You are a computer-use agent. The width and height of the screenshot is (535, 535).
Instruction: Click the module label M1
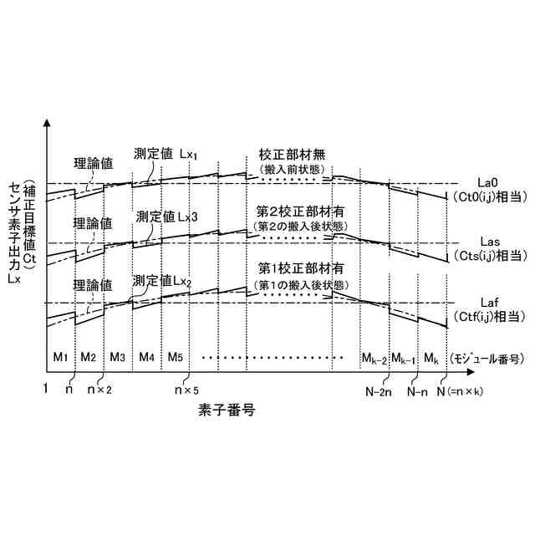coord(60,357)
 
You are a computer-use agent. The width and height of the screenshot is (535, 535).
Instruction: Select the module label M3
coord(117,357)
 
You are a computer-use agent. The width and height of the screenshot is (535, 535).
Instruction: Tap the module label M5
coord(175,357)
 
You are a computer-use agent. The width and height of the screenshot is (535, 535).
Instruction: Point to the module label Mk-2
coord(374,359)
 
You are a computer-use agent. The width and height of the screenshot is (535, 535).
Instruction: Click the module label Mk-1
coord(402,359)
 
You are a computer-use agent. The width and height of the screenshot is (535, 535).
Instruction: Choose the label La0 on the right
coord(487,182)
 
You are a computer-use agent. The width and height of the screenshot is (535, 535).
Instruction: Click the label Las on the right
coord(487,242)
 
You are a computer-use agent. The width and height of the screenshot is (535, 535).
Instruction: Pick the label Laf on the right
coord(487,302)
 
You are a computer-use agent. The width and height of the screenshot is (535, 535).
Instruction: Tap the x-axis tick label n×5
coord(186,390)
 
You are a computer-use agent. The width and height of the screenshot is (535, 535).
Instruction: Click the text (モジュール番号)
coord(487,358)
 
